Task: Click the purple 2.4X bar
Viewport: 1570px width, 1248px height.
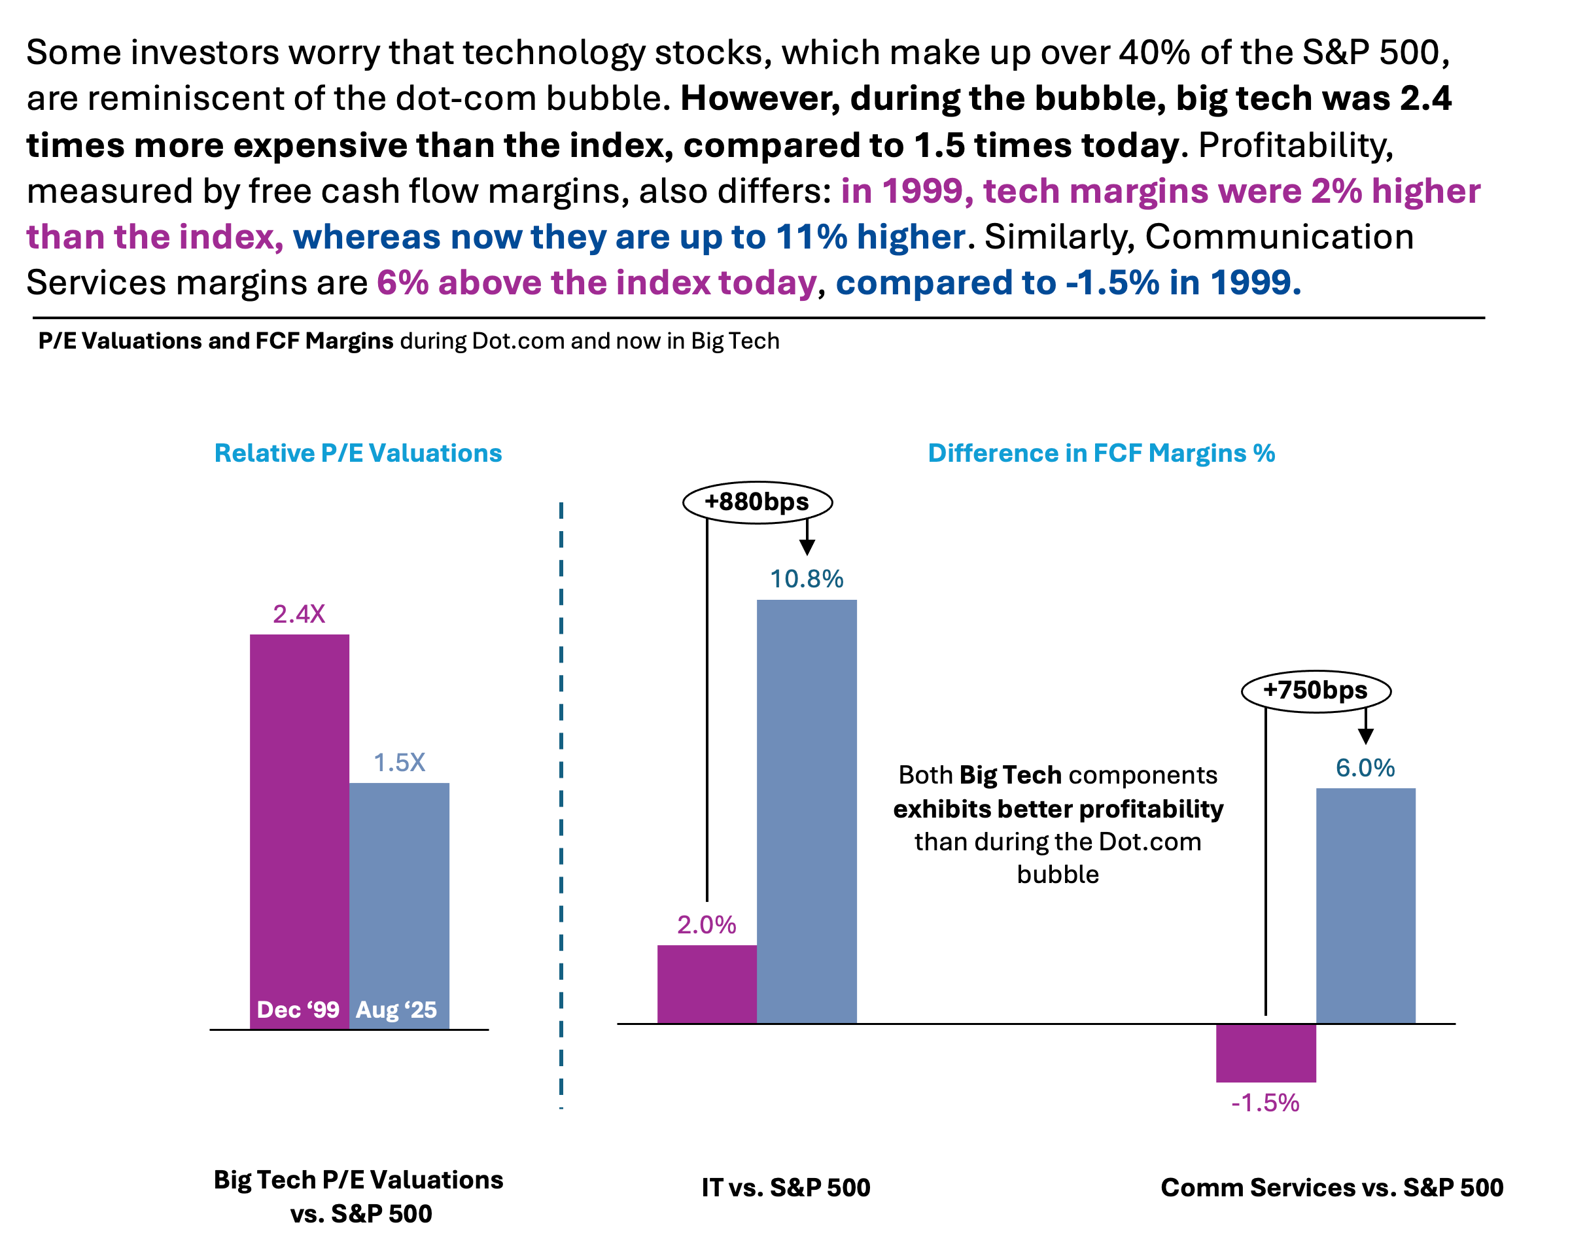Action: pyautogui.click(x=300, y=831)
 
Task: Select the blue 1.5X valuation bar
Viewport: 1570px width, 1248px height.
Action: pyautogui.click(x=399, y=906)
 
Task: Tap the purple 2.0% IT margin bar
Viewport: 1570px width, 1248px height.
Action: pyautogui.click(x=707, y=984)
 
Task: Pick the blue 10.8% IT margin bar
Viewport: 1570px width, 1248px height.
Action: pyautogui.click(x=807, y=811)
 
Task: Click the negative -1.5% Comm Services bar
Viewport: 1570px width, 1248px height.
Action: pyautogui.click(x=1266, y=1053)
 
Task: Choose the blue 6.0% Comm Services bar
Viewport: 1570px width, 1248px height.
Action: pyautogui.click(x=1366, y=906)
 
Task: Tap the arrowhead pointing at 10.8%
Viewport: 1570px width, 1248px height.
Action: pyautogui.click(x=807, y=547)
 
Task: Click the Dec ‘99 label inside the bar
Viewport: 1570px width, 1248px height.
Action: pyautogui.click(x=298, y=1010)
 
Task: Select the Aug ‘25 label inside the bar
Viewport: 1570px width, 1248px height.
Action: pyautogui.click(x=396, y=1010)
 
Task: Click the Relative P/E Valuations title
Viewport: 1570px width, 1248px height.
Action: pyautogui.click(x=358, y=453)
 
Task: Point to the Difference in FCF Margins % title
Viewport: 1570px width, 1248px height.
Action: pyautogui.click(x=1102, y=453)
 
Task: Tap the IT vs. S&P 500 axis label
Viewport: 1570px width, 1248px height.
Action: pyautogui.click(x=786, y=1188)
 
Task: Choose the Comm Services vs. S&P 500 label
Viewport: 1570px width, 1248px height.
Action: pyautogui.click(x=1333, y=1188)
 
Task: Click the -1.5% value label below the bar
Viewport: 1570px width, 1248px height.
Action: pyautogui.click(x=1266, y=1103)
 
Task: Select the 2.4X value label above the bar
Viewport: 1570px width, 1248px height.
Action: pyautogui.click(x=300, y=614)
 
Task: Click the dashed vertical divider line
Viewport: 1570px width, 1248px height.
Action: pyautogui.click(x=561, y=805)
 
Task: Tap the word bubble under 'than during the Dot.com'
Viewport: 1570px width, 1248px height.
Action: pyautogui.click(x=1058, y=874)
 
